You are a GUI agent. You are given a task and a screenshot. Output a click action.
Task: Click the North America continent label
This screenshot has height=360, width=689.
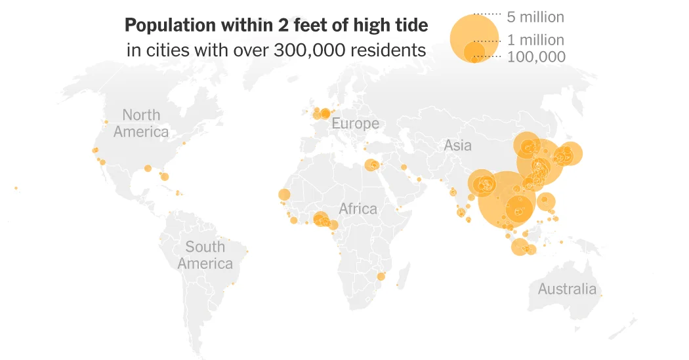[140, 123]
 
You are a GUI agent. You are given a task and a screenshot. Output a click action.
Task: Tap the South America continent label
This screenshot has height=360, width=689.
[205, 255]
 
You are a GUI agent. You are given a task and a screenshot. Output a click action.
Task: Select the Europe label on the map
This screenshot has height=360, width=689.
[355, 123]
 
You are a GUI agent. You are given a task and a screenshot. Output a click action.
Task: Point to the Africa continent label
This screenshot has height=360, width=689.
[358, 209]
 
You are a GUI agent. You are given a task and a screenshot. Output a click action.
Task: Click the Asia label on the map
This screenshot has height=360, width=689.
[457, 145]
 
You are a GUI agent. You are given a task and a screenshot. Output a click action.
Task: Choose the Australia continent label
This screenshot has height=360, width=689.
[567, 289]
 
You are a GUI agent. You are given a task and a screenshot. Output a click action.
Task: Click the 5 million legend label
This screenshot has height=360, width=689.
[535, 16]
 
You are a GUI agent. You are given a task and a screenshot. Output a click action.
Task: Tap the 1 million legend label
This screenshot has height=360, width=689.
[535, 41]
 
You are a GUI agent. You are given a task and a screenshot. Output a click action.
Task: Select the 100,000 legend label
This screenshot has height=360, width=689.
[536, 57]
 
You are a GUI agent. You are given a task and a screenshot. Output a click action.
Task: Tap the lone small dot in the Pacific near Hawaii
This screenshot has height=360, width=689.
[16, 188]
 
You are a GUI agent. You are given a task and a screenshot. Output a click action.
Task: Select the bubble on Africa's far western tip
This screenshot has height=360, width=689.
[284, 195]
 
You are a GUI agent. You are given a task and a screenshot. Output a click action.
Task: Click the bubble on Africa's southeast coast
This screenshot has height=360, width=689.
[380, 277]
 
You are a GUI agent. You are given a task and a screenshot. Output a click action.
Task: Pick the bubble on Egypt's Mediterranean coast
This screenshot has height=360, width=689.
[371, 165]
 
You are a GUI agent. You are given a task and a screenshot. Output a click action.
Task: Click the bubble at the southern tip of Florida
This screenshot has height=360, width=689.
[164, 176]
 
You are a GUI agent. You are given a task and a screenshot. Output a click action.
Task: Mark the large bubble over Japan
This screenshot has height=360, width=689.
[570, 154]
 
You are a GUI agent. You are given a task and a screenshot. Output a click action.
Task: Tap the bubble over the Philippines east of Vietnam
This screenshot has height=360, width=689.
[546, 201]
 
